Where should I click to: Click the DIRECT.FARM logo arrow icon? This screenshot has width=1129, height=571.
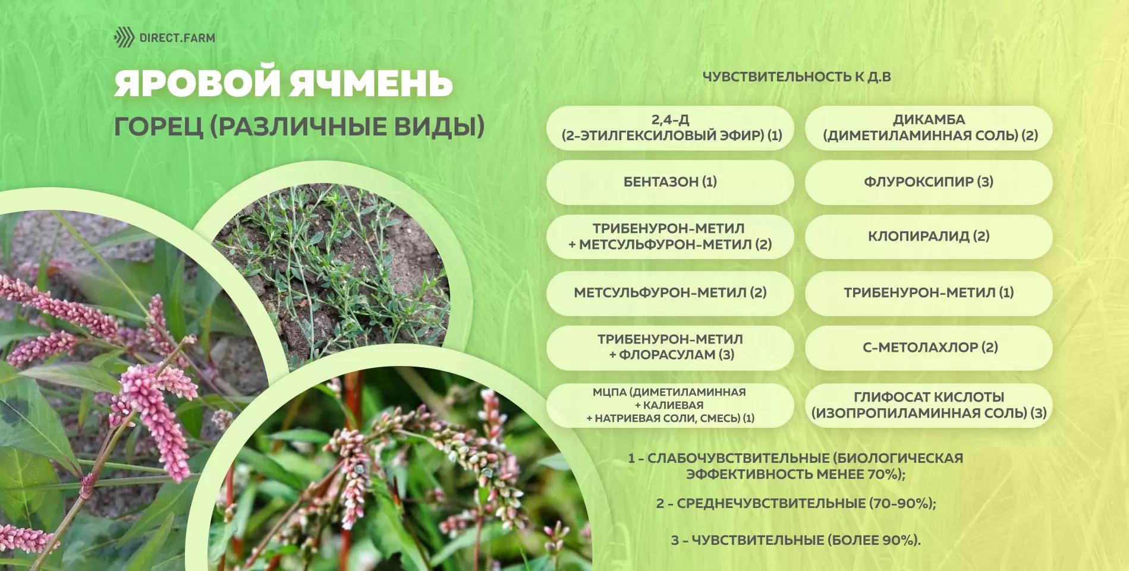click(x=124, y=37)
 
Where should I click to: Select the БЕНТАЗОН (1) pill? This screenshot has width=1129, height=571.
click(x=670, y=182)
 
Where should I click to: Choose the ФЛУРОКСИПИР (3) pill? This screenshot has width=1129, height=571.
click(x=929, y=182)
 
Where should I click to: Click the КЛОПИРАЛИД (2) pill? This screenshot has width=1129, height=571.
click(x=929, y=236)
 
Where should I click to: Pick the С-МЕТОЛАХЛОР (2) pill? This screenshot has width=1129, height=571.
click(x=929, y=347)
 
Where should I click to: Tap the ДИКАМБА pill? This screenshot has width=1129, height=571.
click(x=929, y=128)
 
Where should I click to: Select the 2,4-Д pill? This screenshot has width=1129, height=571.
click(x=670, y=128)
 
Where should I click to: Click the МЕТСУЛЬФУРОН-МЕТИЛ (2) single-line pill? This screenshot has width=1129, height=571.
click(x=670, y=292)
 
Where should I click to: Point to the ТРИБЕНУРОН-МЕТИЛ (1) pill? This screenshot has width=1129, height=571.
click(x=929, y=292)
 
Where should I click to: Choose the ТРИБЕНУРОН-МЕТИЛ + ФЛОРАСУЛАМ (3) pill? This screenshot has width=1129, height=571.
click(x=670, y=347)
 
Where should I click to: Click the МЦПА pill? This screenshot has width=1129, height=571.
click(x=670, y=405)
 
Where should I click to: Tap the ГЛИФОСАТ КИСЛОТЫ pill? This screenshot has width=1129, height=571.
click(x=929, y=405)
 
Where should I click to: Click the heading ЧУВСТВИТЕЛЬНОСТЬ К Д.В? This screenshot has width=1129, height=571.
click(x=797, y=77)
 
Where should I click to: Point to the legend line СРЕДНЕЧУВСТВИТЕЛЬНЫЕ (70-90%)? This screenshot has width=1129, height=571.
click(x=796, y=503)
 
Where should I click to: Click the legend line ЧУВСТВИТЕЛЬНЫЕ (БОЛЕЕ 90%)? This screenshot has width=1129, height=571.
click(x=796, y=540)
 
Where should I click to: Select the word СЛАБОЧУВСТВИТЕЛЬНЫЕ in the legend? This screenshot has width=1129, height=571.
click(x=737, y=459)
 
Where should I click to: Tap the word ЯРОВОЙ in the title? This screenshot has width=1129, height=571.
click(x=196, y=83)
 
